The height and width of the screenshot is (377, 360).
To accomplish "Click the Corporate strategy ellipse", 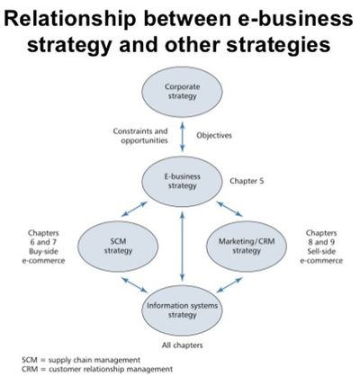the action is [x=182, y=92].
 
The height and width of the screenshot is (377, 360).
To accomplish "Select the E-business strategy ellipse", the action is [x=182, y=182].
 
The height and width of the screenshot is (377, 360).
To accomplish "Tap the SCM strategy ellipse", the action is [x=118, y=247].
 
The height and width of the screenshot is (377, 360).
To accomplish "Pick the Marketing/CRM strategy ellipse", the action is [x=247, y=247].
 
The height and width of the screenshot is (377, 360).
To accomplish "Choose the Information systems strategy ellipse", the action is [x=182, y=310].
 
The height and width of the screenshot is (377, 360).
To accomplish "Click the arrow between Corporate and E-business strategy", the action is [x=182, y=137].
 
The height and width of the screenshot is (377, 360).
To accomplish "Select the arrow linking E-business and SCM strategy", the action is [x=134, y=209].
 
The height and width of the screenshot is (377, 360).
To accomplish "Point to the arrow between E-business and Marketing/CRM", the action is [x=229, y=209].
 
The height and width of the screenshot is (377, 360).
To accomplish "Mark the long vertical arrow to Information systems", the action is [x=182, y=246].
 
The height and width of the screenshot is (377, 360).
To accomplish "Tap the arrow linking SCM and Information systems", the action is [x=135, y=284].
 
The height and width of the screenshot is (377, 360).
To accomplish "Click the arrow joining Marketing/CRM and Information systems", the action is [x=229, y=284].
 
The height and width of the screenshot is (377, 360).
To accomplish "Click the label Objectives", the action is [x=214, y=136].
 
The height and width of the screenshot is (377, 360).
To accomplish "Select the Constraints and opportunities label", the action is [x=140, y=136].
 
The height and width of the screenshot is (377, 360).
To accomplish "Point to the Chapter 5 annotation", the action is [x=247, y=181].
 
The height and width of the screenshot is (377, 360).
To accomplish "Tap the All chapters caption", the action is [x=182, y=346].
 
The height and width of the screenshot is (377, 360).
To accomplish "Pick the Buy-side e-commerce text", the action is [x=43, y=256].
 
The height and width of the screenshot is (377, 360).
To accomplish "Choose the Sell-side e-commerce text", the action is [x=321, y=256].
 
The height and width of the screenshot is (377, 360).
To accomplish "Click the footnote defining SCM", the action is [x=81, y=360].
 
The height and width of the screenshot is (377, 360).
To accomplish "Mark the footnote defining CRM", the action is [x=97, y=369].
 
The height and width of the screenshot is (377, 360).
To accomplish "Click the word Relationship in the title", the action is [x=69, y=19].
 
